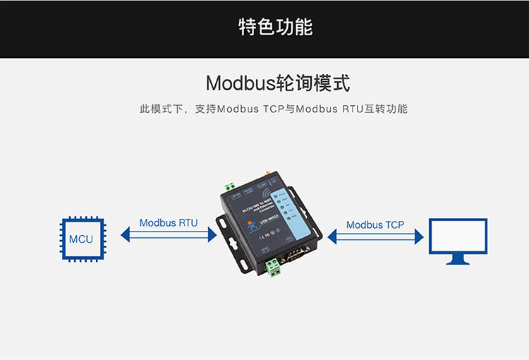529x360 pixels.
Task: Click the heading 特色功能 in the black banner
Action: (x=275, y=28)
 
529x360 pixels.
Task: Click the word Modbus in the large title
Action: (x=239, y=83)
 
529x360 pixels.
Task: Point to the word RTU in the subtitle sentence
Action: (x=355, y=109)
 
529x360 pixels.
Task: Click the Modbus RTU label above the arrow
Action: (x=169, y=223)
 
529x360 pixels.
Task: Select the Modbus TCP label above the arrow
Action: (x=375, y=225)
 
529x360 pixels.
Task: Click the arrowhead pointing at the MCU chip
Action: (x=126, y=234)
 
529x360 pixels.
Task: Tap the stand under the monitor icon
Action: (x=458, y=260)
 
